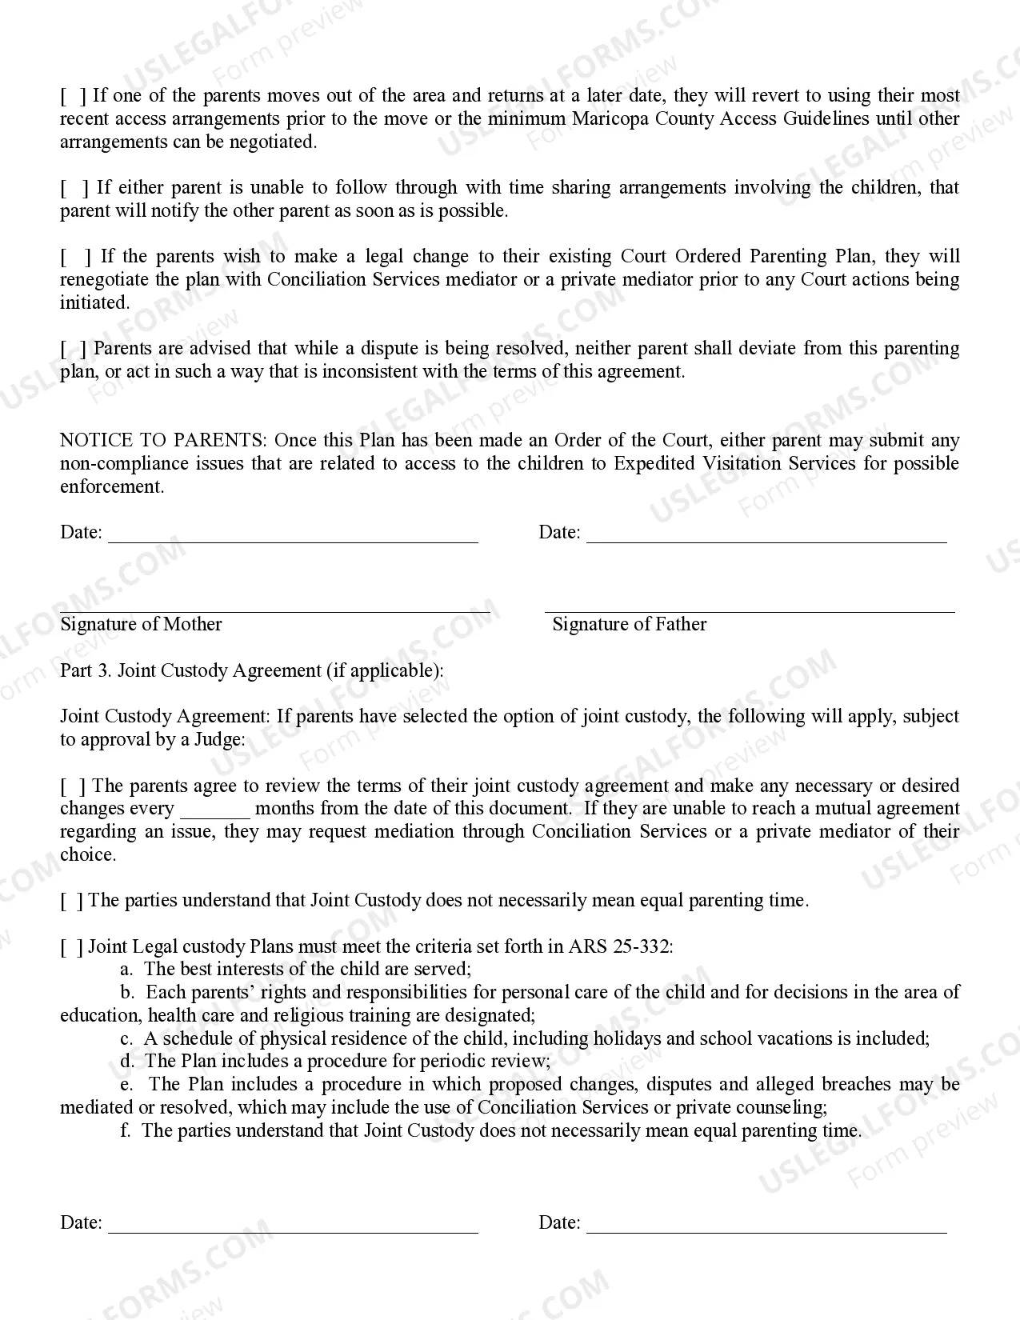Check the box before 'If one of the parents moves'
pyautogui.click(x=74, y=96)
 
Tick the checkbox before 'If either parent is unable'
pyautogui.click(x=74, y=188)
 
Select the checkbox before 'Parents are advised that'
pyautogui.click(x=74, y=349)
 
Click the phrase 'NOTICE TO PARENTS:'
pyautogui.click(x=164, y=441)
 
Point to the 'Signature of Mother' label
pyautogui.click(x=141, y=625)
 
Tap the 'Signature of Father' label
pyautogui.click(x=629, y=625)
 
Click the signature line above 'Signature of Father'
pyautogui.click(x=750, y=611)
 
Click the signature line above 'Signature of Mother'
pyautogui.click(x=274, y=611)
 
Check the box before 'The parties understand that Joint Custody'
pyautogui.click(x=72, y=901)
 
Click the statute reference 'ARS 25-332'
pyautogui.click(x=620, y=947)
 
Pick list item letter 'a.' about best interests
pyautogui.click(x=126, y=970)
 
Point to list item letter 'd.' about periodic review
pyautogui.click(x=126, y=1062)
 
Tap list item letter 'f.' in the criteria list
pyautogui.click(x=126, y=1131)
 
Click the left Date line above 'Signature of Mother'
pyautogui.click(x=293, y=538)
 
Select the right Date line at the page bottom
pyautogui.click(x=766, y=1229)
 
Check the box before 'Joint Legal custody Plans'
pyautogui.click(x=72, y=947)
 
